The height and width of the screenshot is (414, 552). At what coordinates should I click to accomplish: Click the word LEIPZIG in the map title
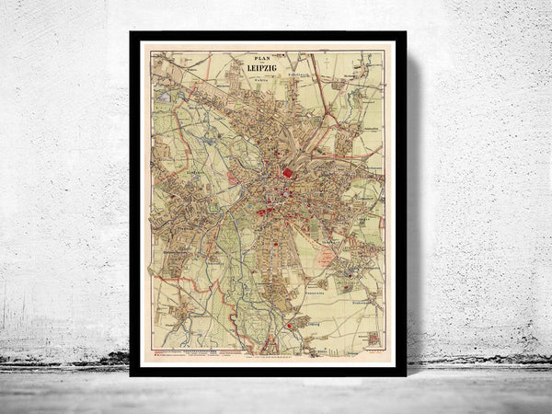coord(267,75)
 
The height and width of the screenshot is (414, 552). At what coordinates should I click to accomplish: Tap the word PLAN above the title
coord(267,62)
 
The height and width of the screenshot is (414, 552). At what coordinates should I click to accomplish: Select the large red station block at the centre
coord(288,172)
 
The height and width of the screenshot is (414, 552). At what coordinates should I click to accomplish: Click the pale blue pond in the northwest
coord(164,96)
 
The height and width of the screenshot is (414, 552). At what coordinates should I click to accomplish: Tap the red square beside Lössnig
coord(293,325)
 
